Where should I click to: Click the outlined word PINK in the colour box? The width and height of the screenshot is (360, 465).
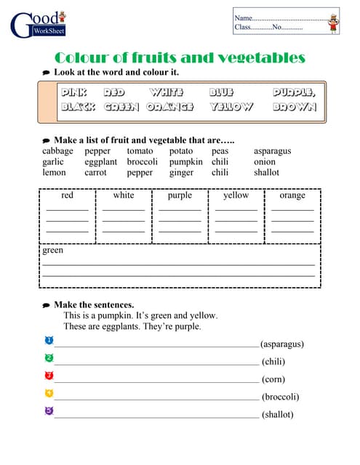point(74,93)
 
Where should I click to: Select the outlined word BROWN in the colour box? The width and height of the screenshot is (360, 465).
point(295,107)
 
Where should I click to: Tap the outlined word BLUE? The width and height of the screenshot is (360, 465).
point(221,93)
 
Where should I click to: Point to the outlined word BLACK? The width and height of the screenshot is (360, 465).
point(78,107)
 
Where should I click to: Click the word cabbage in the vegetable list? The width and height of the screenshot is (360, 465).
point(57,151)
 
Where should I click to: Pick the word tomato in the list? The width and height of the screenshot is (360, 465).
point(140,151)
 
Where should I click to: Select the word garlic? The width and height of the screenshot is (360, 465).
point(53,162)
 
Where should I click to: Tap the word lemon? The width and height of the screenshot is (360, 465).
point(54,173)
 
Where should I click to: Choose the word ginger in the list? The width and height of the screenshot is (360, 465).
point(181,173)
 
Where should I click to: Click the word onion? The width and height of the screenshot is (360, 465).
point(264,162)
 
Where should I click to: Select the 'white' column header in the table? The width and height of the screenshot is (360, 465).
point(124,195)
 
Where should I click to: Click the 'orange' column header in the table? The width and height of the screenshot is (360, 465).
point(292,195)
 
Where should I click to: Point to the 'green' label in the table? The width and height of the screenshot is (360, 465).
point(53,251)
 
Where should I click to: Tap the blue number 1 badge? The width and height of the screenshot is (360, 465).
point(49,340)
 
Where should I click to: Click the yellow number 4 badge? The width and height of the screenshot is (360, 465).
point(49,393)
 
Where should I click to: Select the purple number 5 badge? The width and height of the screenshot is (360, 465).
point(49,411)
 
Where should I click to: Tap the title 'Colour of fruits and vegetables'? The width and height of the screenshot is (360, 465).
point(180,58)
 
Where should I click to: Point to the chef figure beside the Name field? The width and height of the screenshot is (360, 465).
point(334,22)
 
